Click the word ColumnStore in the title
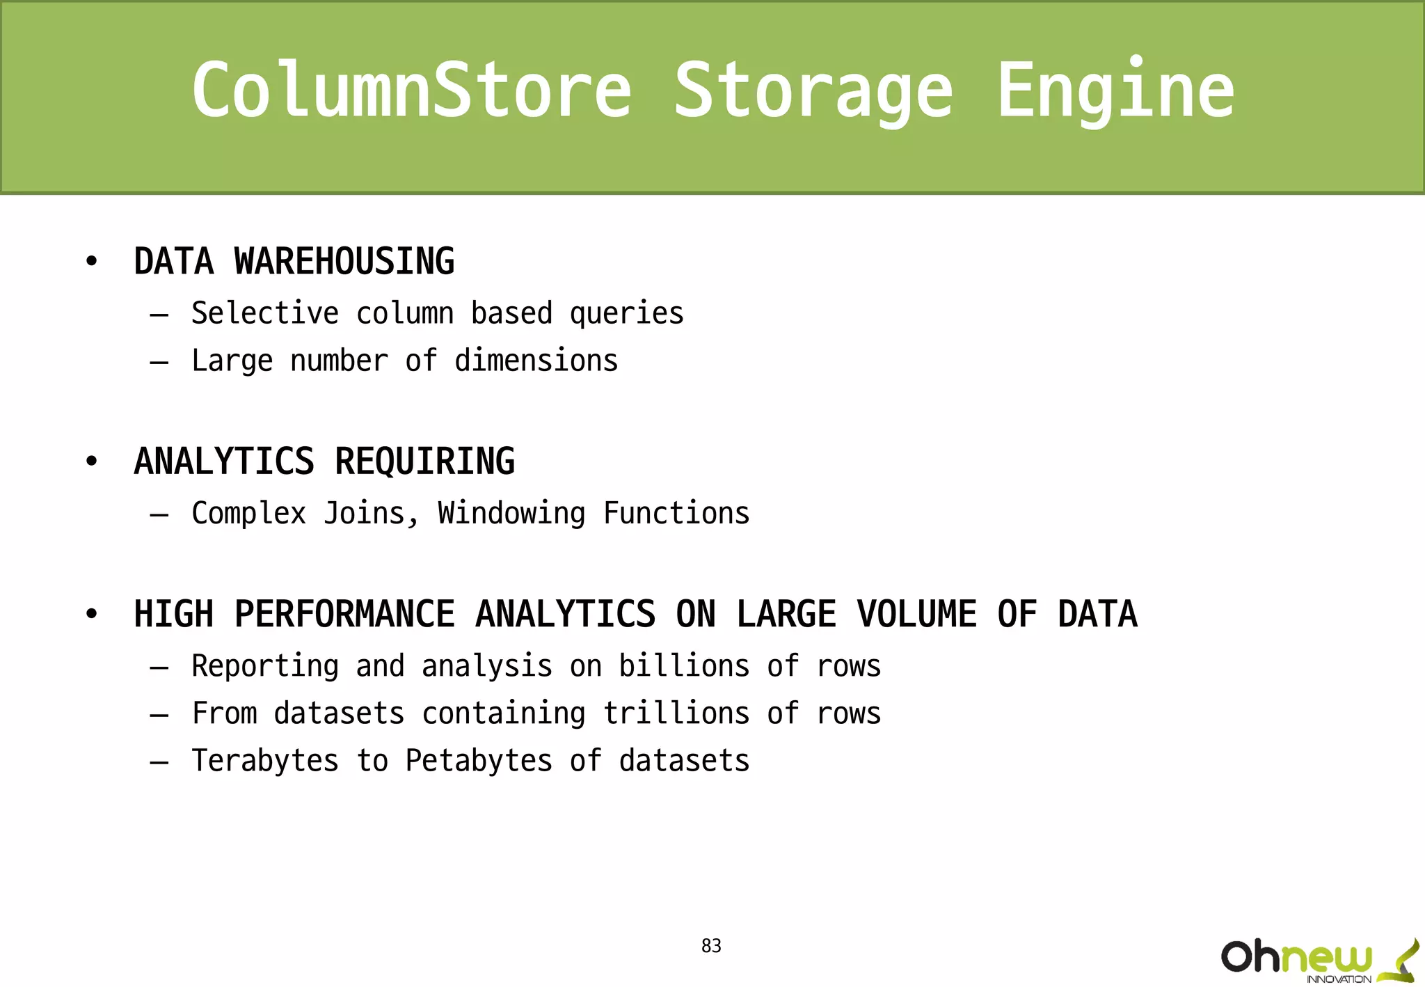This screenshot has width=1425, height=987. click(411, 90)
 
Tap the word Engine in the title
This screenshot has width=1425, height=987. click(1115, 90)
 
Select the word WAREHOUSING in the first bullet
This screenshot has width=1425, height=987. click(344, 262)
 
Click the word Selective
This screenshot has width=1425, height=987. click(265, 313)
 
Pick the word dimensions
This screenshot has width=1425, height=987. click(536, 361)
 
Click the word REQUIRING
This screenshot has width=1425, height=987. click(424, 461)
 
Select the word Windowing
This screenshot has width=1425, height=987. click(511, 514)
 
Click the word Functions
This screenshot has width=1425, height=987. click(676, 513)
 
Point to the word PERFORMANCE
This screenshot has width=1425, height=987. click(344, 614)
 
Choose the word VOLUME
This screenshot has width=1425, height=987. click(916, 614)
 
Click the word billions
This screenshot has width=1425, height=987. click(684, 666)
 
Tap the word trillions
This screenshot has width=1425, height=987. click(676, 713)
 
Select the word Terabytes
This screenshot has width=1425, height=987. click(265, 761)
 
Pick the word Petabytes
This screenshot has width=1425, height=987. click(479, 761)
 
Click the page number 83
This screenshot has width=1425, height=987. click(711, 946)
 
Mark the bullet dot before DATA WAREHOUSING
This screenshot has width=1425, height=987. click(91, 262)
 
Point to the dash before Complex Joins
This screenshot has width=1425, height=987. click(159, 515)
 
